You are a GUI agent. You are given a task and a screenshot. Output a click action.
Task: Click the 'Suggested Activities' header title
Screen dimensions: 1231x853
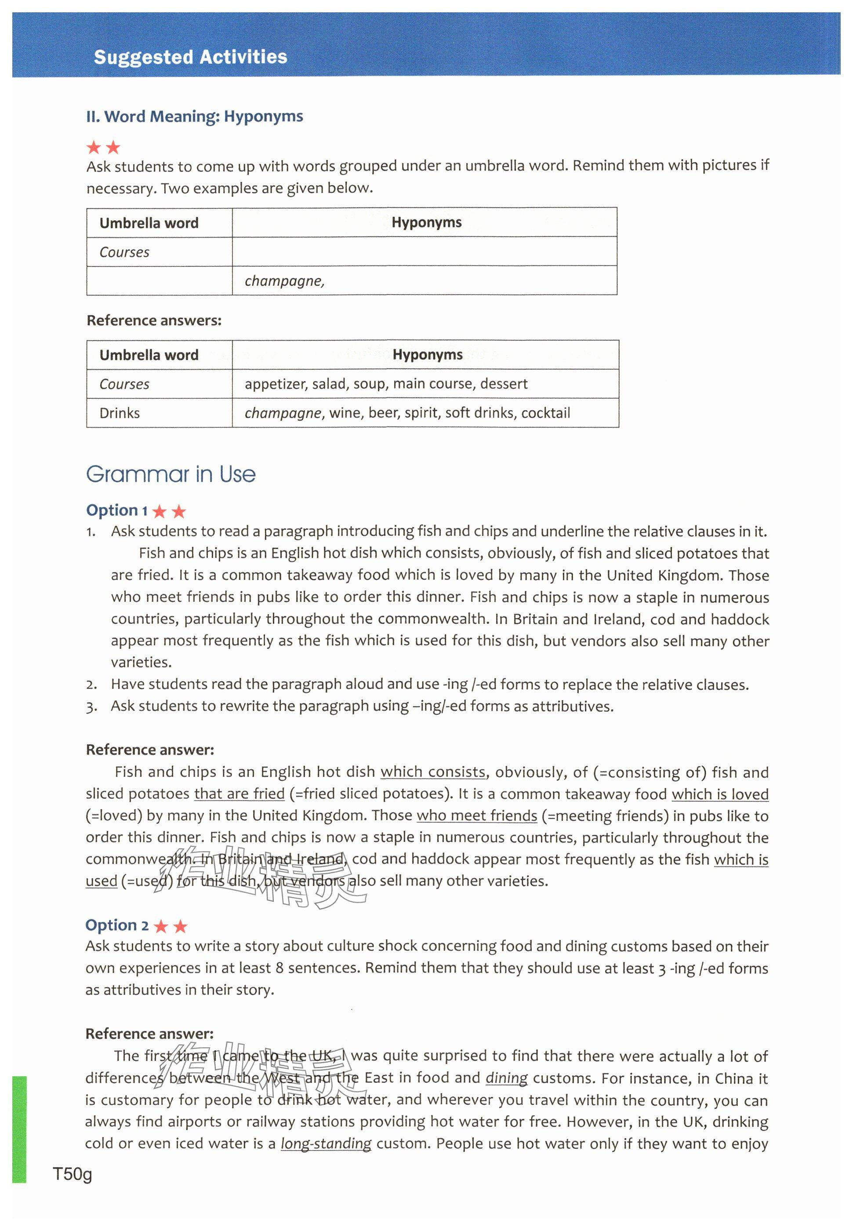(190, 57)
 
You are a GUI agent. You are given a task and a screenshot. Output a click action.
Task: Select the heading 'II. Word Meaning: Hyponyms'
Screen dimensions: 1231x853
(195, 117)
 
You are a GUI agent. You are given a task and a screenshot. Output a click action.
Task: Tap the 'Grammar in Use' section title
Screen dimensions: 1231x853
(171, 474)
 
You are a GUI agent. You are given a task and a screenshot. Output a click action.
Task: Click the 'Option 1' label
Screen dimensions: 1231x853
(116, 510)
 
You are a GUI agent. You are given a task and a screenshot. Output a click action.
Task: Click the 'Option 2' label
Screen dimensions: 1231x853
(117, 925)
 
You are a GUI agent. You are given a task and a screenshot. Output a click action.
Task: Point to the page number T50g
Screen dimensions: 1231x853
(73, 1174)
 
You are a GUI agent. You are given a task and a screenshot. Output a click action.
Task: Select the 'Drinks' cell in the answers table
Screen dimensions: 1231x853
(120, 413)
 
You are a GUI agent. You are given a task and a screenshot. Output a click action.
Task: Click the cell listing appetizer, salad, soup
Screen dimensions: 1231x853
(386, 384)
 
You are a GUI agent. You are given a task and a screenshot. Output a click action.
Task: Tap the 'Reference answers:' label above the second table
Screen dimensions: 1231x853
(154, 320)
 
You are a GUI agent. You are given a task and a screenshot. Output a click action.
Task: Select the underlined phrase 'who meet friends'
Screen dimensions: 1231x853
(477, 816)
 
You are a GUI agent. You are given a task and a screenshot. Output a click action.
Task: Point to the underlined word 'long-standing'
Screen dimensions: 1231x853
(326, 1144)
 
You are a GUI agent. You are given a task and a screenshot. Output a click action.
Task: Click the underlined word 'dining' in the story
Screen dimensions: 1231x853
(506, 1078)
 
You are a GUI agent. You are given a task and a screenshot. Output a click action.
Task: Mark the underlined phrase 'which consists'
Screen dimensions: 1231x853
(433, 772)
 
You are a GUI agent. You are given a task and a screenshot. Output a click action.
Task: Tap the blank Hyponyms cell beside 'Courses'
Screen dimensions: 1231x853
(425, 252)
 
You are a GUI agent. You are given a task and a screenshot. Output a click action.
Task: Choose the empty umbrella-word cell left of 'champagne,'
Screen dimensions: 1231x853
(159, 280)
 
